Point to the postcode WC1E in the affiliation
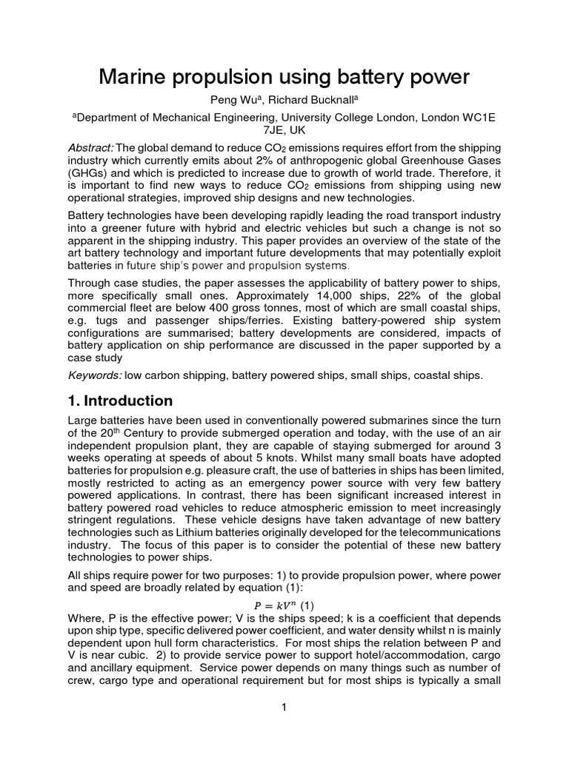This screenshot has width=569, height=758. click(x=479, y=117)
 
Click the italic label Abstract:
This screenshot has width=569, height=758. click(x=90, y=148)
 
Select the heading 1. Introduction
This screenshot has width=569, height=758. click(x=120, y=401)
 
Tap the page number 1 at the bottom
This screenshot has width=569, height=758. click(x=284, y=708)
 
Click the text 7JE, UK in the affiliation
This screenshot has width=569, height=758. click(x=284, y=130)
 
